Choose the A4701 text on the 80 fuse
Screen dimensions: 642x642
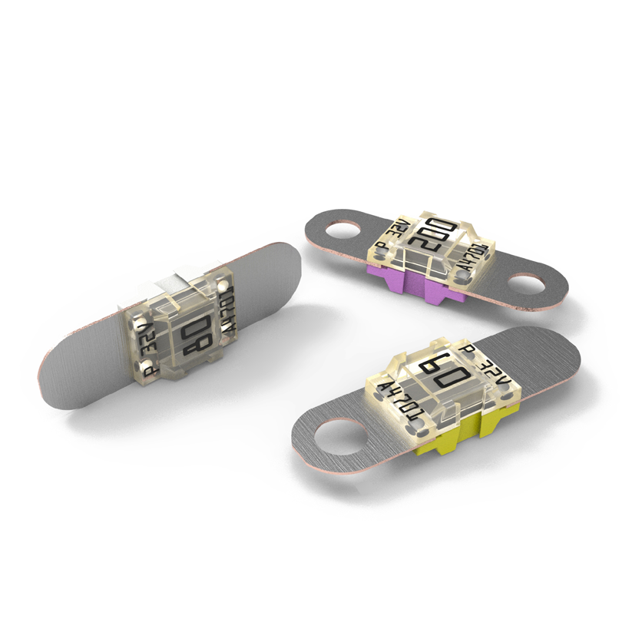tap(228, 315)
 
